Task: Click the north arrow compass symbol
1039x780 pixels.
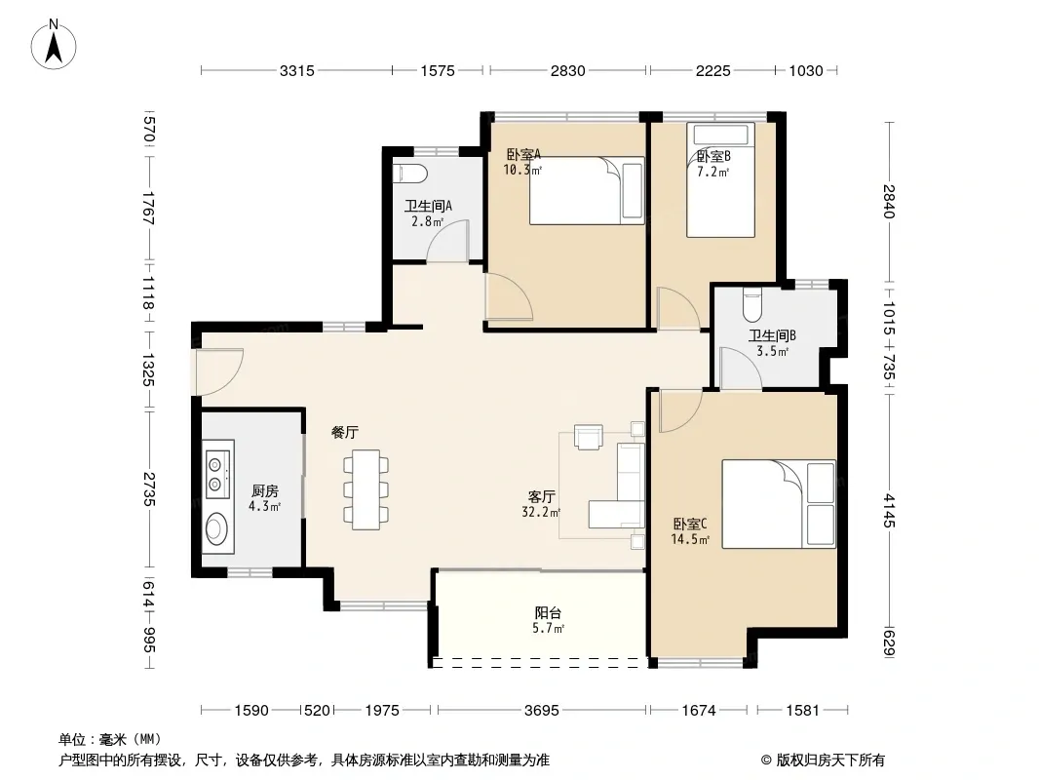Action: tap(54, 44)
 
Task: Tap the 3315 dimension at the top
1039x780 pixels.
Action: tap(296, 70)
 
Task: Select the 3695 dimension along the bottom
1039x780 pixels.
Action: tap(541, 711)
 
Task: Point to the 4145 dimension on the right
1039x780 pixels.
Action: tap(889, 510)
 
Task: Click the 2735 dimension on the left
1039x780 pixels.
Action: tap(149, 488)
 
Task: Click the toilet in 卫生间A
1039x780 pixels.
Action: tap(410, 174)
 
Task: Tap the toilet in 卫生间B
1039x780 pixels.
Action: tap(752, 304)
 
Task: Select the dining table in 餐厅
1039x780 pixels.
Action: tap(366, 489)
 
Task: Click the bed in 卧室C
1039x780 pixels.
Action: tap(779, 504)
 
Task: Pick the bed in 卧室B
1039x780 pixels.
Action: tap(721, 179)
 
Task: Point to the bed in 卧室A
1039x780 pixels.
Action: tap(587, 191)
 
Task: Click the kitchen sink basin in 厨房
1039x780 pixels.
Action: tap(215, 528)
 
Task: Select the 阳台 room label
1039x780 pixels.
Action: tap(548, 613)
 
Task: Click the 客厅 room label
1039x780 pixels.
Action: tap(541, 496)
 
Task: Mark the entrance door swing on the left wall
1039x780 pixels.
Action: tap(218, 371)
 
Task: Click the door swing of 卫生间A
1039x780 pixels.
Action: tap(447, 241)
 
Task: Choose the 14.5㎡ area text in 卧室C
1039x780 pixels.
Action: tap(690, 539)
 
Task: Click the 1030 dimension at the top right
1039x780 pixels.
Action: tap(806, 70)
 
